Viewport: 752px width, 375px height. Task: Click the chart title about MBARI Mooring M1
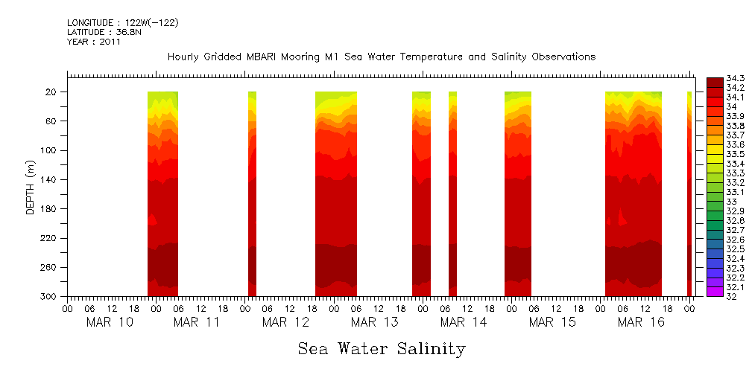click(x=382, y=57)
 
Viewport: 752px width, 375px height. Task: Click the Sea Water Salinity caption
click(x=382, y=348)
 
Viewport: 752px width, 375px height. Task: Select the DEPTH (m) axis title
click(x=31, y=187)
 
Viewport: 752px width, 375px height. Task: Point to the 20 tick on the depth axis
click(x=53, y=92)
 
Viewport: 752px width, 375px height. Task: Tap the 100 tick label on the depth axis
click(x=51, y=150)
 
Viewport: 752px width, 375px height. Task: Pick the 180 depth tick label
click(x=51, y=209)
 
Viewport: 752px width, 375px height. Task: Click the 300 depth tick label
click(x=51, y=297)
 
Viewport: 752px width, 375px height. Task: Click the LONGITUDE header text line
click(x=123, y=23)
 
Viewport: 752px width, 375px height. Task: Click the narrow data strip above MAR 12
click(x=252, y=193)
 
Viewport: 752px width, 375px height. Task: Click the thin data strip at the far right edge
click(x=689, y=193)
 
